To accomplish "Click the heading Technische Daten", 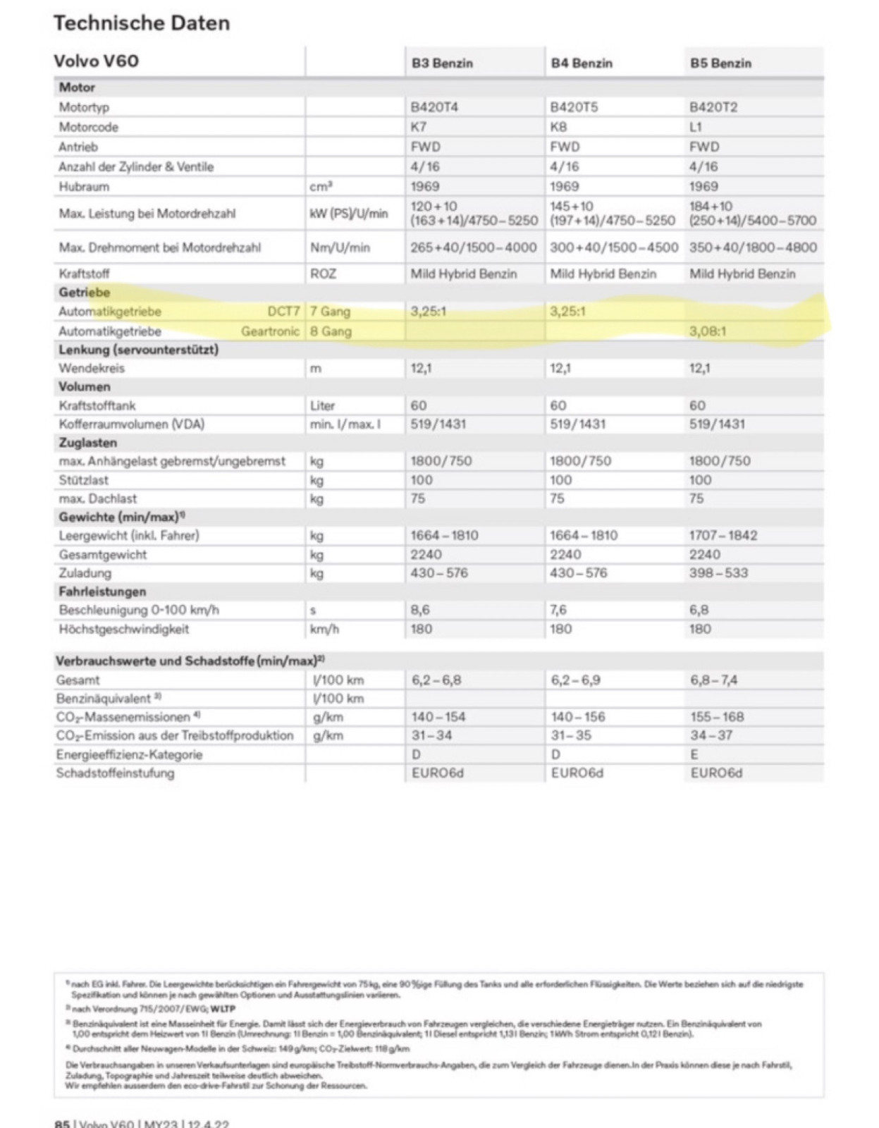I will pyautogui.click(x=142, y=23).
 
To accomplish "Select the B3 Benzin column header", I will pyautogui.click(x=442, y=63).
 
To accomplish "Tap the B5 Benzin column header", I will pyautogui.click(x=720, y=63).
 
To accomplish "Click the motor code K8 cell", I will pyautogui.click(x=558, y=127).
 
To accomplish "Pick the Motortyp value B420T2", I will pyautogui.click(x=713, y=107).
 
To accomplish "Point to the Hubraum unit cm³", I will pyautogui.click(x=321, y=187).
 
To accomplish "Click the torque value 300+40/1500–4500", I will pyautogui.click(x=614, y=247).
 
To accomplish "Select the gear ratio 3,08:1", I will pyautogui.click(x=708, y=331).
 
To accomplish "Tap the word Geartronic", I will pyautogui.click(x=270, y=331).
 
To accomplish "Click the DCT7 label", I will pyautogui.click(x=283, y=312).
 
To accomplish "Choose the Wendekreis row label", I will pyautogui.click(x=92, y=368).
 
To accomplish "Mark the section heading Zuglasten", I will pyautogui.click(x=88, y=443).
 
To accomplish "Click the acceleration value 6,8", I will pyautogui.click(x=699, y=610).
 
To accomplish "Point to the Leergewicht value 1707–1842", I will pyautogui.click(x=723, y=535).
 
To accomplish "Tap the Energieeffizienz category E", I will pyautogui.click(x=694, y=754).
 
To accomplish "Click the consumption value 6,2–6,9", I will pyautogui.click(x=576, y=680).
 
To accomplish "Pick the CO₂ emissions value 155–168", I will pyautogui.click(x=717, y=717).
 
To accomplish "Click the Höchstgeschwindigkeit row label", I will pyautogui.click(x=124, y=629).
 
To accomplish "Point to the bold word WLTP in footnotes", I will pyautogui.click(x=223, y=1009).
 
